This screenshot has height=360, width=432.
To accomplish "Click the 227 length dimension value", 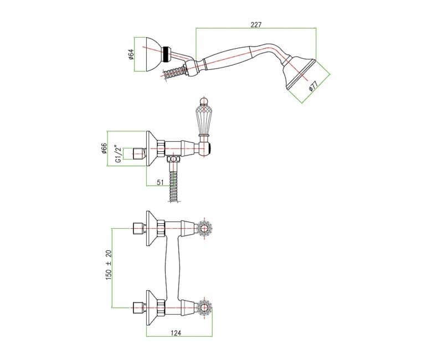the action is coord(256,24).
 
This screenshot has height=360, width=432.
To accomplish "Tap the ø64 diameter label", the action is coord(131,54).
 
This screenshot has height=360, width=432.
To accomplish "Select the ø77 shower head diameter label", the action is coord(313,86).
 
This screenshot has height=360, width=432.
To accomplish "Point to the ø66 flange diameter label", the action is coord(104,149).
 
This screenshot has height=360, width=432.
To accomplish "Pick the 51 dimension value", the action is coord(160,182).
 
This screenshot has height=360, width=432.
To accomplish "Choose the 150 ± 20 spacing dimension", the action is coord(109,265).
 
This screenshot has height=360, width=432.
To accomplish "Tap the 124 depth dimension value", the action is coord(176,333).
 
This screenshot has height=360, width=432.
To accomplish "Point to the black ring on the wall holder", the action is coord(166,54).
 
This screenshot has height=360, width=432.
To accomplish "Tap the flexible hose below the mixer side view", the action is coord(173,182).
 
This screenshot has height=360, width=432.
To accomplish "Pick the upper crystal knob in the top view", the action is coord(204,228).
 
